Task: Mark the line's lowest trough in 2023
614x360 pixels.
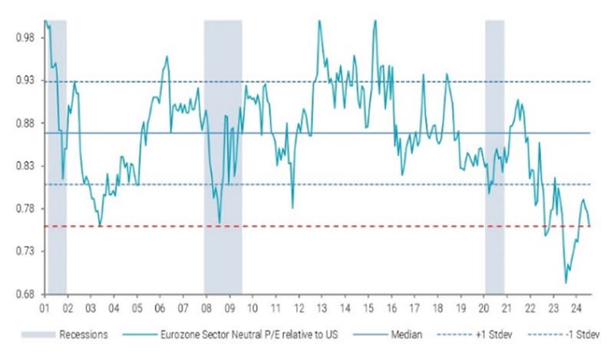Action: pos(566,283)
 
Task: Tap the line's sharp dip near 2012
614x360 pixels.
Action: pos(292,207)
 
